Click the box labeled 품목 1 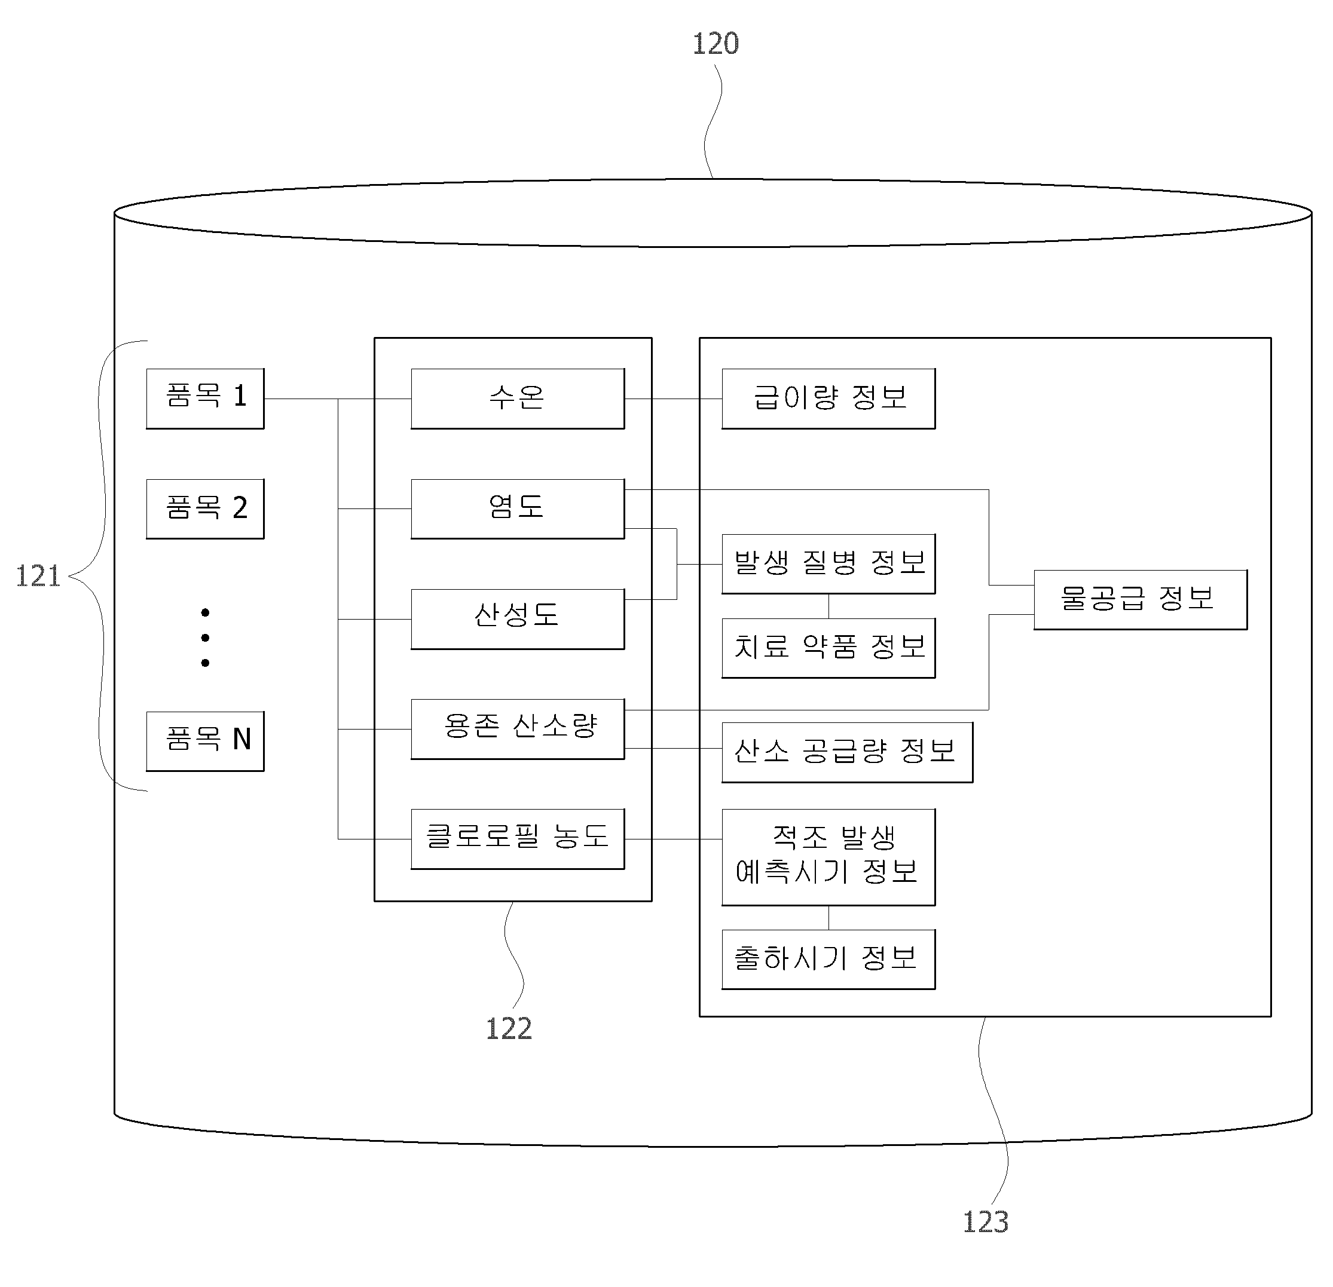(206, 399)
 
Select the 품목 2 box (206, 509)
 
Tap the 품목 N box (206, 741)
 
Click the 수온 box (518, 399)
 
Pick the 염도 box (518, 509)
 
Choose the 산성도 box (518, 618)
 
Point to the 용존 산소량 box (518, 729)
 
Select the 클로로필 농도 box (518, 839)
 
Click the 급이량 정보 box (828, 399)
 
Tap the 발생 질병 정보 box (828, 563)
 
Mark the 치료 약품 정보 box (828, 648)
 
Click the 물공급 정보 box (1141, 600)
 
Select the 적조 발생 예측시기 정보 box (828, 857)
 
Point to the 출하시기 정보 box (828, 960)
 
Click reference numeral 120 (716, 44)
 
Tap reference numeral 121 (38, 576)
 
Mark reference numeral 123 (986, 1222)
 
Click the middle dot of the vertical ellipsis (206, 638)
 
